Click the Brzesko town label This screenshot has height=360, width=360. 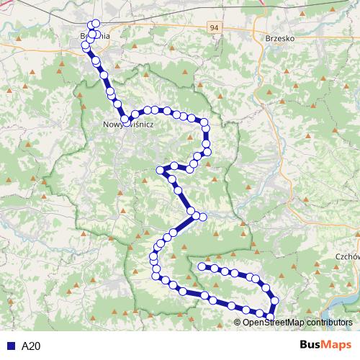280,38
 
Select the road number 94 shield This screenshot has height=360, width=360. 214,27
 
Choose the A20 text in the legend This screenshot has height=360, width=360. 32,346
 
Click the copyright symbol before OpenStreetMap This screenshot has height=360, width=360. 238,322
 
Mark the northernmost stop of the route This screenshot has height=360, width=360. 96,23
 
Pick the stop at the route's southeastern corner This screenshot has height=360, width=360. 271,316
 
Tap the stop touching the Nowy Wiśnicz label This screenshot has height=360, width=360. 126,120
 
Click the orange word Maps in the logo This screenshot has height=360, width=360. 336,345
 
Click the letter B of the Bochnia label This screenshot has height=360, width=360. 84,34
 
